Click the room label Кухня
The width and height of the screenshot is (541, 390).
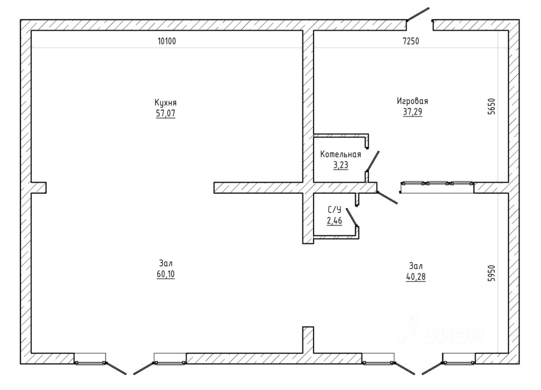coord(166,103)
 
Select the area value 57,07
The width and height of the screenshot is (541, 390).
coord(166,113)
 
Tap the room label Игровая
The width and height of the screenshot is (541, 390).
coord(413,101)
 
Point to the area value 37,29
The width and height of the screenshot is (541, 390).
coord(413,112)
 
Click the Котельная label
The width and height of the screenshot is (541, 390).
coord(341,154)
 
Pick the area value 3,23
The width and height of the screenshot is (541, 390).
coord(341,165)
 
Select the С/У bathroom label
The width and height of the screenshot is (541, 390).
coord(334,210)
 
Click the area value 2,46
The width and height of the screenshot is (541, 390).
coord(334,221)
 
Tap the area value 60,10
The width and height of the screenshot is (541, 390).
coord(166,274)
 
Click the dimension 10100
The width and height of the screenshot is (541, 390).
coord(167,41)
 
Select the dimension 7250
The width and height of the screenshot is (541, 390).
coord(411,41)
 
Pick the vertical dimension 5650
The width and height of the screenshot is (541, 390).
coord(491,106)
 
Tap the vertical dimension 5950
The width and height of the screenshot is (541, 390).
coord(491,273)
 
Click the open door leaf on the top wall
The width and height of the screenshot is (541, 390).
coord(418,14)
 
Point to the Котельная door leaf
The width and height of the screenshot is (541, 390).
coord(373,161)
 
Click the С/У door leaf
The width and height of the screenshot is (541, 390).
coord(352,217)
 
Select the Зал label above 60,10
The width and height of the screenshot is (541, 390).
coord(166,263)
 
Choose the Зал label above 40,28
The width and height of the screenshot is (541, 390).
coord(416,266)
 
